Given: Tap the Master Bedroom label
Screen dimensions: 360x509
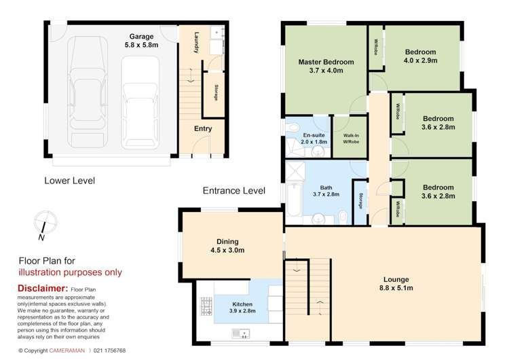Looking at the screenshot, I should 326,62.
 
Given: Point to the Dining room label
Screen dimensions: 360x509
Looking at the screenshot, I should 227,241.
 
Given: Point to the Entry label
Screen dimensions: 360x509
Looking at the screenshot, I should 202,128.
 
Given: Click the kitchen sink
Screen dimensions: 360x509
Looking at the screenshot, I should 241,333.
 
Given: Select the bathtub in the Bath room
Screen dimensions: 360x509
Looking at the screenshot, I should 293,201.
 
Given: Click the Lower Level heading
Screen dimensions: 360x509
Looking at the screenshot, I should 69,181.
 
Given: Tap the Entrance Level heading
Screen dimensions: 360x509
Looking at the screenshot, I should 233,191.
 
